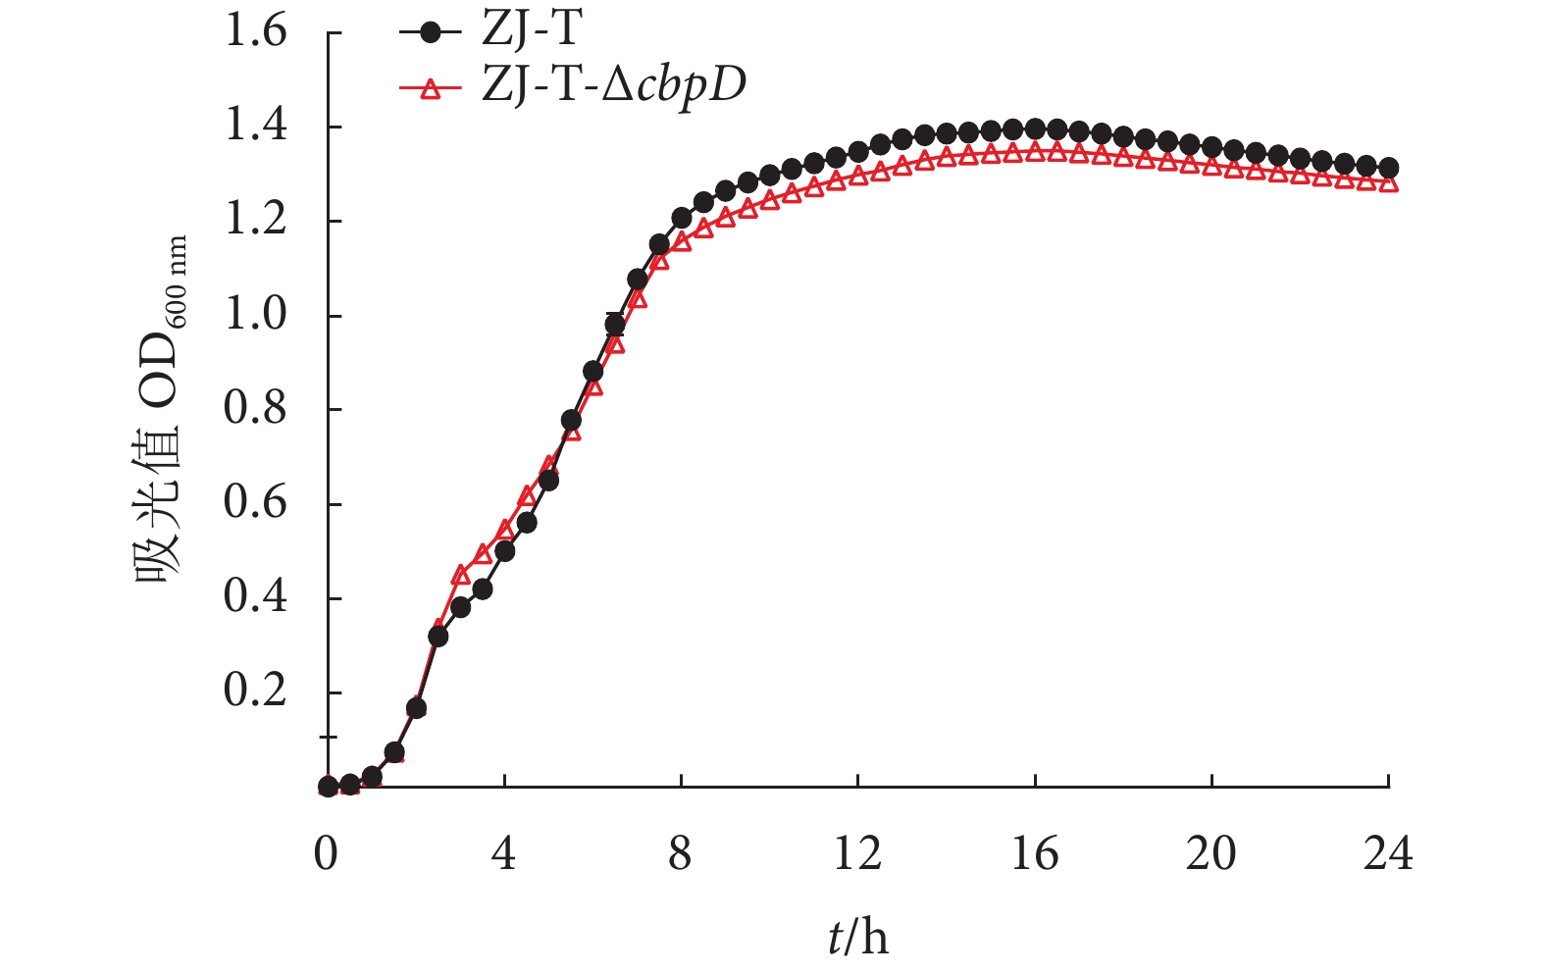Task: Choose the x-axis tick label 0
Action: (x=327, y=854)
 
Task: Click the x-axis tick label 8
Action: (x=681, y=854)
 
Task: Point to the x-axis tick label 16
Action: (x=1034, y=854)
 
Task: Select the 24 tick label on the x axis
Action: (x=1387, y=854)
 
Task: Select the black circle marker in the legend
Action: (x=430, y=32)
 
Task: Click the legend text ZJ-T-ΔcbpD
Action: (x=613, y=86)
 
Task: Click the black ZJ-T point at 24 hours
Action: (x=1388, y=169)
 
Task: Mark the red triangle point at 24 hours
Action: (x=1388, y=183)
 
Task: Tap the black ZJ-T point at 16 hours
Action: (x=1035, y=129)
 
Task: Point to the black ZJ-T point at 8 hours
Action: (x=682, y=218)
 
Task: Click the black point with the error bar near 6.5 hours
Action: (x=615, y=325)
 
